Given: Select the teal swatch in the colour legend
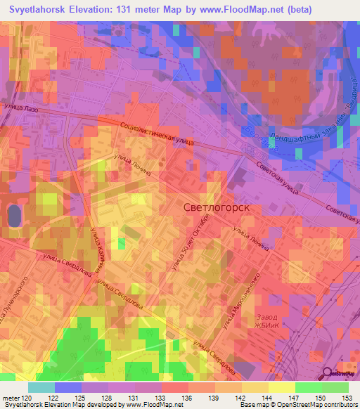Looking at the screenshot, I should pyautogui.click(x=41, y=387).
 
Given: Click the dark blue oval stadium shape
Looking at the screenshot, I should pyautogui.click(x=13, y=216).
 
